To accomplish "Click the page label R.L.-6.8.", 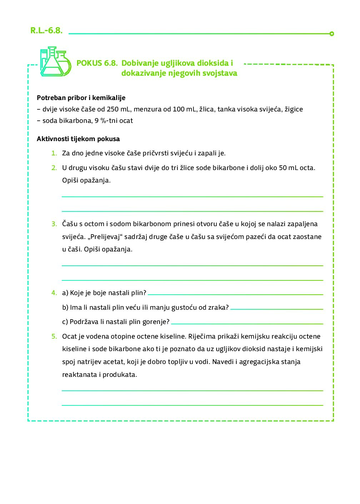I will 46,31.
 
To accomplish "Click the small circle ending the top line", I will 331,34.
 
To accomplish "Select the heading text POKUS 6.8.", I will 97,63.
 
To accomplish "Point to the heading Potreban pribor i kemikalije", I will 81,98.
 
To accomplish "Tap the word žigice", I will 293,109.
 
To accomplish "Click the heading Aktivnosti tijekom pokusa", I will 78,139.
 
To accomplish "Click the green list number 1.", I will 54,153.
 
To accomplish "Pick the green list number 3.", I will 54,224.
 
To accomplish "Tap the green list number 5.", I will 54,336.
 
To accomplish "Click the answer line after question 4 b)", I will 276,308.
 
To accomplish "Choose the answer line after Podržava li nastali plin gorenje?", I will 247,323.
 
